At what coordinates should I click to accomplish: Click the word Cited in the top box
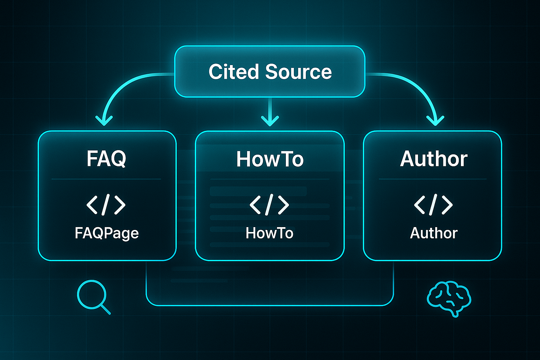pos(234,72)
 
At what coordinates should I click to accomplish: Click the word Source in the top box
pos(298,72)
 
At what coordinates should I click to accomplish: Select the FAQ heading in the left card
pos(107,159)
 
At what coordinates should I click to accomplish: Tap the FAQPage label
pos(107,233)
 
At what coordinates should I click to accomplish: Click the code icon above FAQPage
pos(106,205)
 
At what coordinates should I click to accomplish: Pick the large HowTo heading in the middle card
pos(270,159)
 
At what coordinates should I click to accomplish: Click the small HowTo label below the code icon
pos(269,233)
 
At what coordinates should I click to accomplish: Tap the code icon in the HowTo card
pos(269,205)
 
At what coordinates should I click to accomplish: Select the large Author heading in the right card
pos(433,159)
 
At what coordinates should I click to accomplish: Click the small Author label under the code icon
pos(433,233)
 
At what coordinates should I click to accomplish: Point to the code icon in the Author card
pos(433,205)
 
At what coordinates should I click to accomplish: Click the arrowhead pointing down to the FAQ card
pos(104,121)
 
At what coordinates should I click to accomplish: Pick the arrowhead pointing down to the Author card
pos(436,121)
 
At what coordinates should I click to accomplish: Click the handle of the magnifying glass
pos(105,309)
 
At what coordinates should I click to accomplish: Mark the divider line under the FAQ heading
pos(106,179)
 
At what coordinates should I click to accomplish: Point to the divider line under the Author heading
pos(432,179)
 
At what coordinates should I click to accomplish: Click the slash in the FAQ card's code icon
pos(106,205)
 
